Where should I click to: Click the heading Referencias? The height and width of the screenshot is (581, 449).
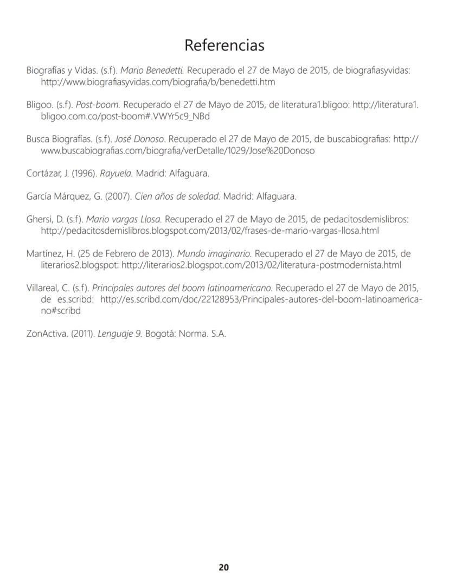224,45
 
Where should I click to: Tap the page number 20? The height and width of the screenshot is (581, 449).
223,567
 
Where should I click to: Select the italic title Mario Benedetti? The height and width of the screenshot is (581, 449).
152,71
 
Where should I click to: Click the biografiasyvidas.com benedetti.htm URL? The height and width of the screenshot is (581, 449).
158,82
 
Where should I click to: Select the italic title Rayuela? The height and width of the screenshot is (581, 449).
119,174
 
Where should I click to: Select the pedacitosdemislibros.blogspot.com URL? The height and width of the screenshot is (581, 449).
210,231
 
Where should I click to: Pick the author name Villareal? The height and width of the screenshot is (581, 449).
45,288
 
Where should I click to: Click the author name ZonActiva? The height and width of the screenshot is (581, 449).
47,333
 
